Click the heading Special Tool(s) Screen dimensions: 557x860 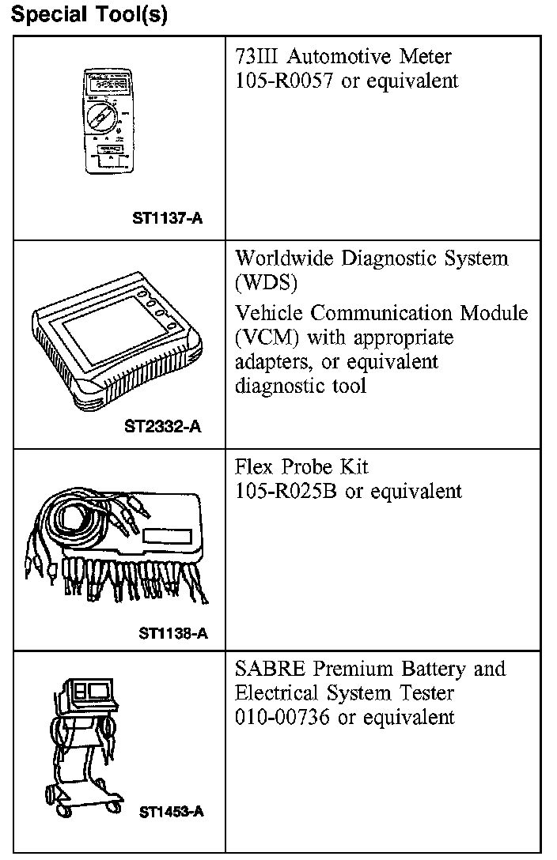[x=89, y=16]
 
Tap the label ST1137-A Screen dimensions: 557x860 [x=167, y=217]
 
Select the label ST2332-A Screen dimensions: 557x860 [x=163, y=427]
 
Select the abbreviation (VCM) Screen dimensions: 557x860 [x=263, y=338]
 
